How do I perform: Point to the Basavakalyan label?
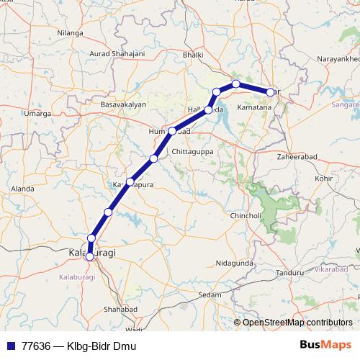[123, 104]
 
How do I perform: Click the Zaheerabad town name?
[297, 155]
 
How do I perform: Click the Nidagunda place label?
[235, 264]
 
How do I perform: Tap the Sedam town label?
[210, 295]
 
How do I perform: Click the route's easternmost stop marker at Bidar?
[271, 92]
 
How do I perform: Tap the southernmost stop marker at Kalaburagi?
[90, 256]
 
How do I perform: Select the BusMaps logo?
[327, 346]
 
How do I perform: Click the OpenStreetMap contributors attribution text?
[293, 323]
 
